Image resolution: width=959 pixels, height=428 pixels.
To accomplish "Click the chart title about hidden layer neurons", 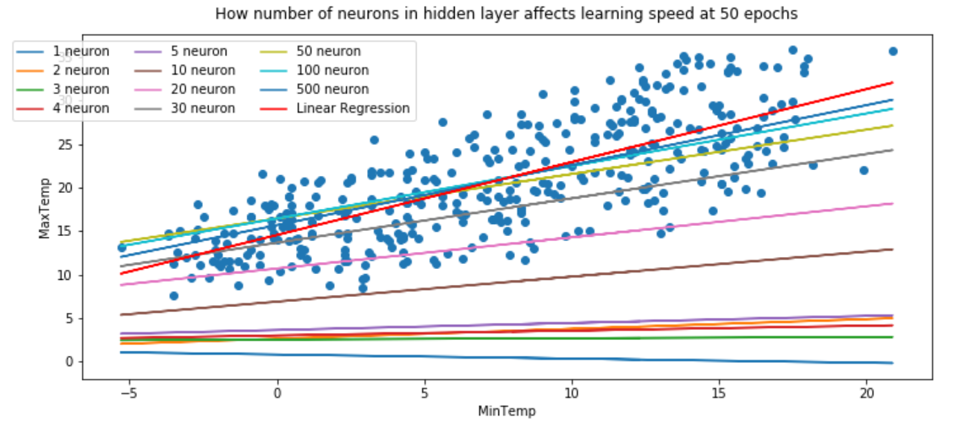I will [506, 14].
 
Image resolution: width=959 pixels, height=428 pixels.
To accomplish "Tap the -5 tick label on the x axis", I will [125, 395].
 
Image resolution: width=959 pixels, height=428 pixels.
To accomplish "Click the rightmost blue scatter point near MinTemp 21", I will [892, 52].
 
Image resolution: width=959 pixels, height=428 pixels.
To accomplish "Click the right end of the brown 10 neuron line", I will [891, 250].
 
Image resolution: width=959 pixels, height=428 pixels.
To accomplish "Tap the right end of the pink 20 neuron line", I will [891, 204].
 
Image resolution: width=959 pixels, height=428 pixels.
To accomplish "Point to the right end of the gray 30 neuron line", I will [891, 151].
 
